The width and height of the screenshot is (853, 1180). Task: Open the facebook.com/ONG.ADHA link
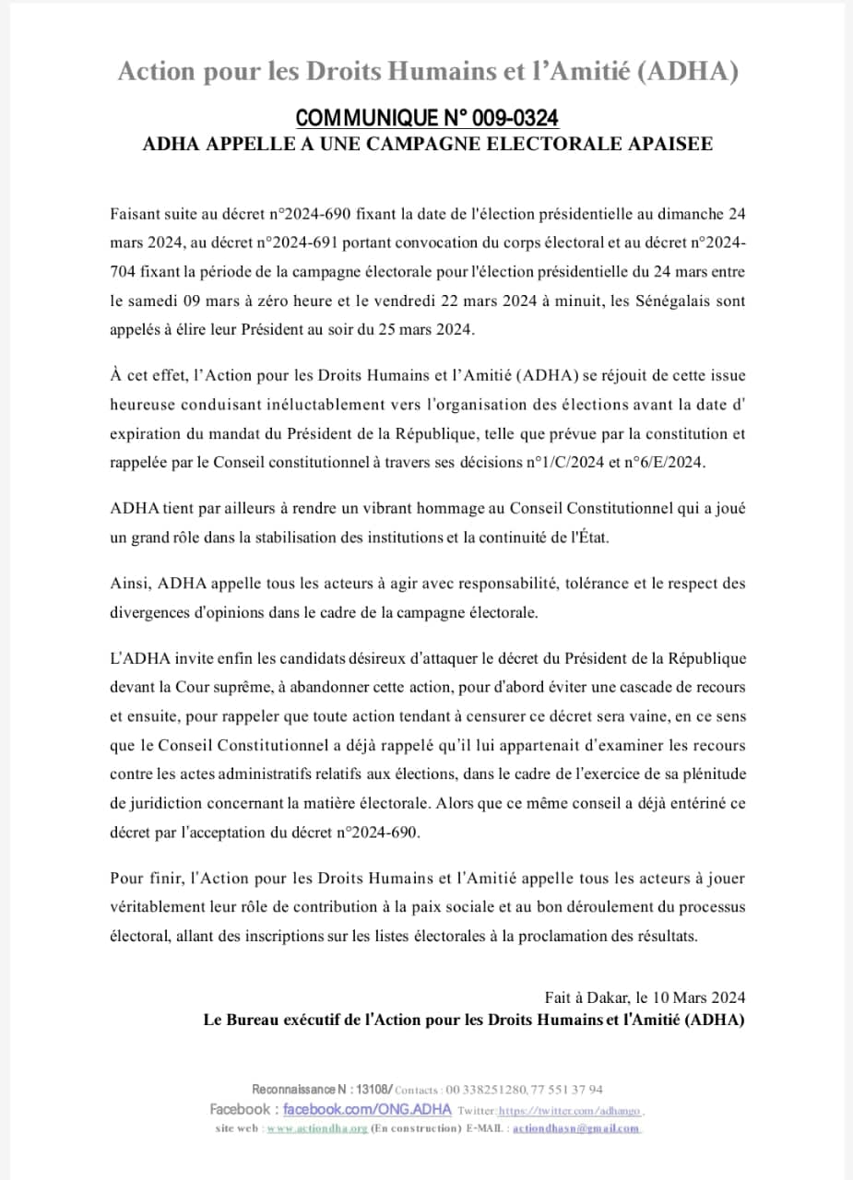366,1109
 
